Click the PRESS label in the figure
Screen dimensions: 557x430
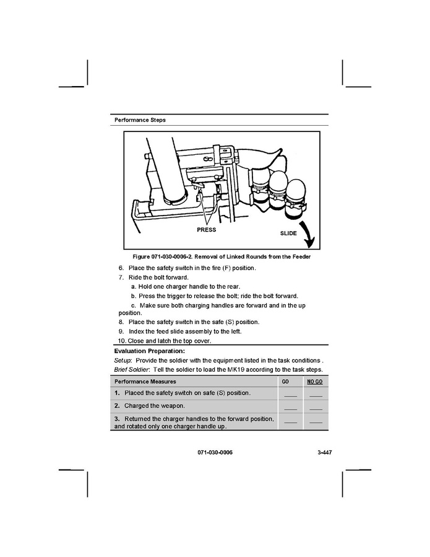(206, 230)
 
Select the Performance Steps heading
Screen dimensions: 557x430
(140, 120)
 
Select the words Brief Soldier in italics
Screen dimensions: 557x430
(132, 370)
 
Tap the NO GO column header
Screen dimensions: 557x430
(315, 382)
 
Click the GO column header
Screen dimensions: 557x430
(285, 382)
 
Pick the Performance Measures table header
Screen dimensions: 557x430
(145, 382)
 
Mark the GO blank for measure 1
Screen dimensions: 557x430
(290, 395)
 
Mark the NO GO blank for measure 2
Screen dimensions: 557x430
(316, 408)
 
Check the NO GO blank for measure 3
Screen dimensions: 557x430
(316, 423)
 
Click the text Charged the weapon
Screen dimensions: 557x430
(155, 406)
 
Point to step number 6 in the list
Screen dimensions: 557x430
(121, 268)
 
